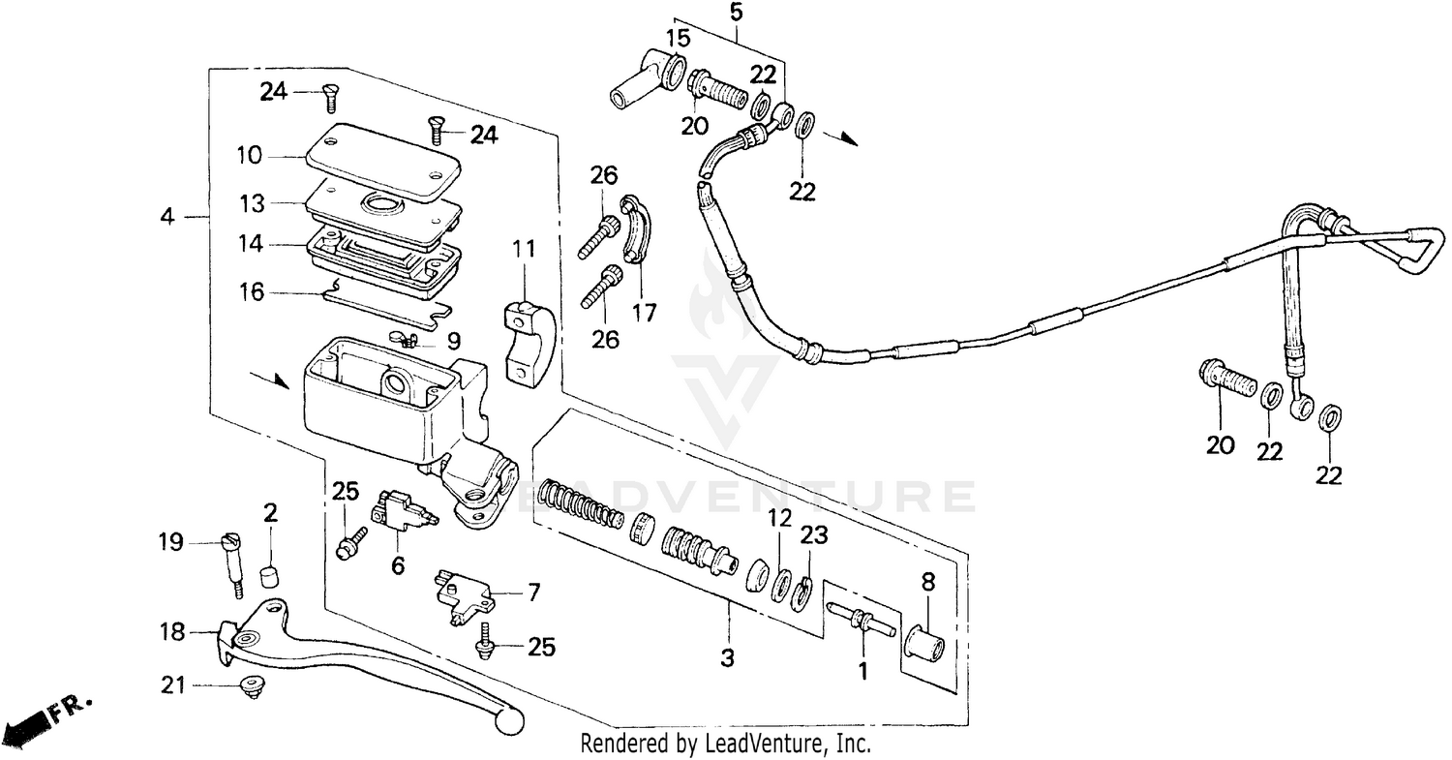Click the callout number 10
point(249,155)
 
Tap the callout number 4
point(167,218)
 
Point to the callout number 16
point(252,291)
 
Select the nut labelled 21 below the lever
point(253,688)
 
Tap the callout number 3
point(727,659)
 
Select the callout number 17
point(644,313)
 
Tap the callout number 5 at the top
point(737,14)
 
